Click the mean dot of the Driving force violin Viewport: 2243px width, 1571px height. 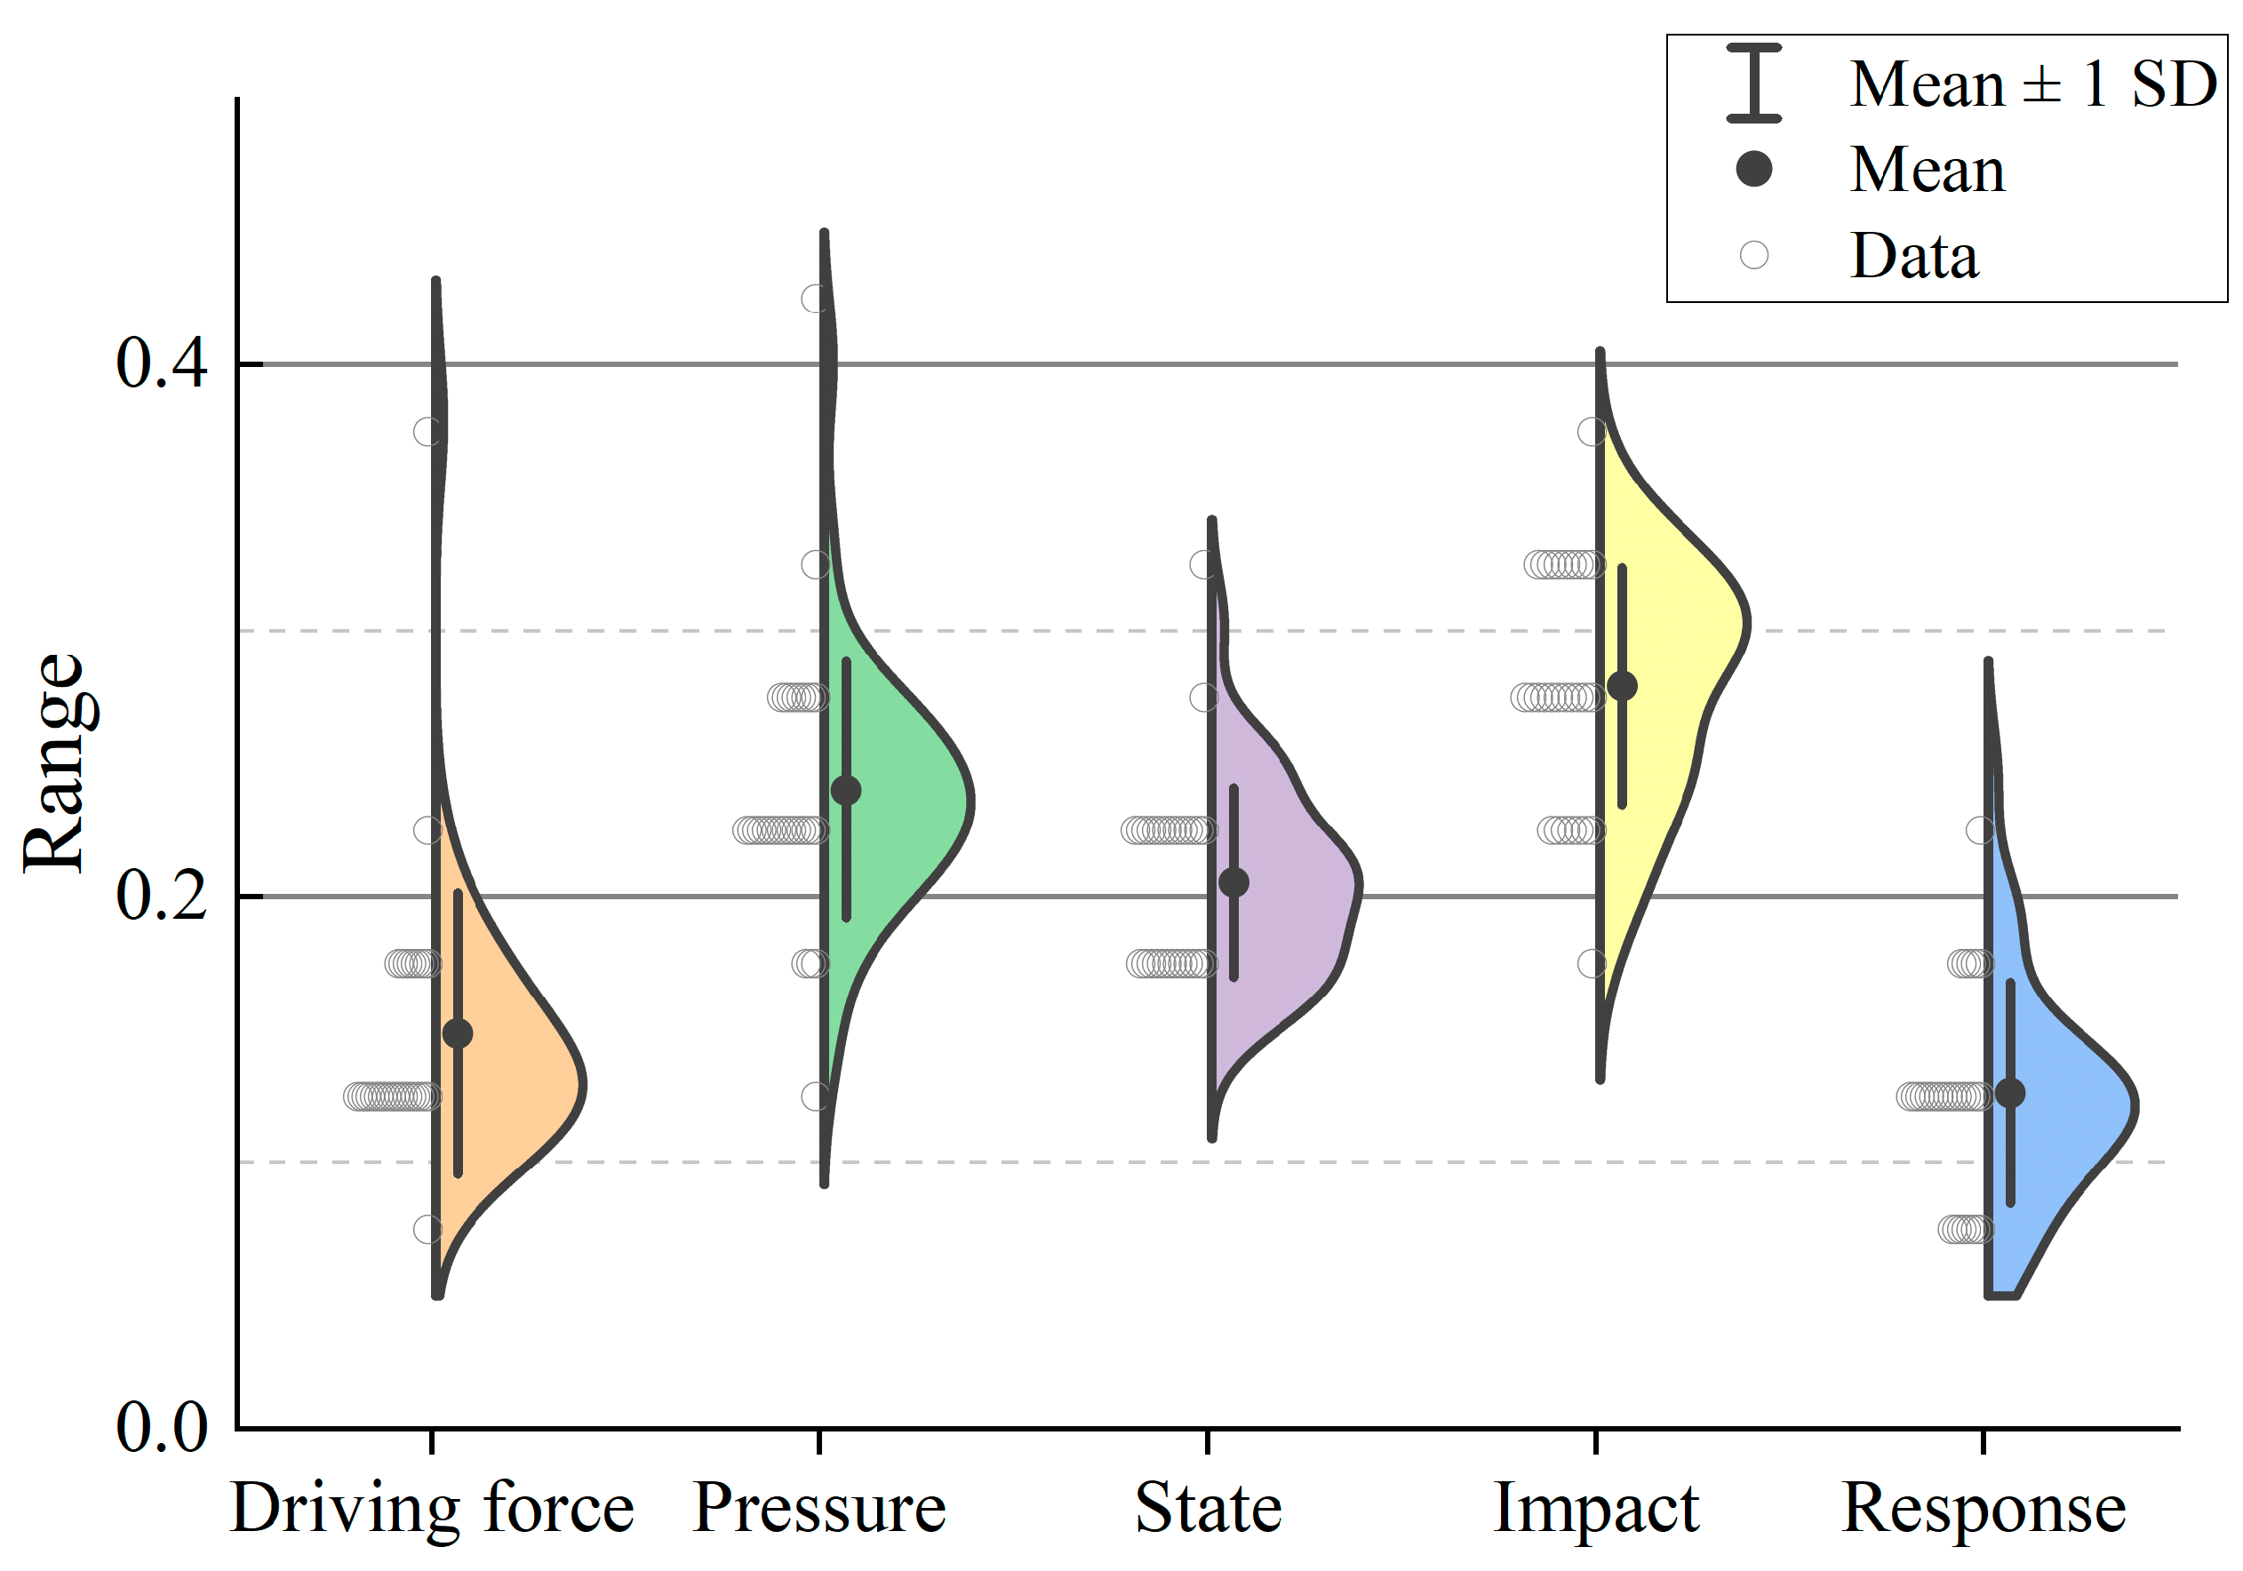tap(457, 1033)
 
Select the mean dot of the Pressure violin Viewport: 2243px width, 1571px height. tap(846, 789)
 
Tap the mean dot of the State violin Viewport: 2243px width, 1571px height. tap(1233, 882)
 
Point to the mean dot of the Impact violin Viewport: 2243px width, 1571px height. tap(1623, 686)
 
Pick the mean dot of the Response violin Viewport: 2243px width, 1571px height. tap(2009, 1092)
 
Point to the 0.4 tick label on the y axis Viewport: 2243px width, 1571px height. tap(161, 363)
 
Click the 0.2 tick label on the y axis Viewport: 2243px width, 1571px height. tap(161, 895)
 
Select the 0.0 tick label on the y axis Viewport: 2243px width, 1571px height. tap(161, 1427)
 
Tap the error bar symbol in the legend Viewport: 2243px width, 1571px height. tap(1753, 83)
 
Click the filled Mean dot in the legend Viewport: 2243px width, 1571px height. tap(1753, 169)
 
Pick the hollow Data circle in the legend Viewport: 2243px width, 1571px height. tap(1753, 255)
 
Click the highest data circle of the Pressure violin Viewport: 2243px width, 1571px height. tap(816, 298)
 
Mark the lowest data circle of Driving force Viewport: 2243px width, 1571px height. tap(427, 1229)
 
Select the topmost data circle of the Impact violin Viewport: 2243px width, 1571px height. tap(1592, 431)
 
